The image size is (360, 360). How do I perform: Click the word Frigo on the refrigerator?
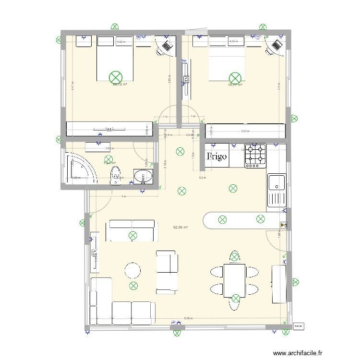217,156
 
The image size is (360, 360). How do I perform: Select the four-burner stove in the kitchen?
255,156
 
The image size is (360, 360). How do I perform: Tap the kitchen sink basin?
277,182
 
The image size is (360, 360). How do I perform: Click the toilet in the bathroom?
115,175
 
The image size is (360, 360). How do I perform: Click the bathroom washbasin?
143,176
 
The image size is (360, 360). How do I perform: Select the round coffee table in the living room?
132,270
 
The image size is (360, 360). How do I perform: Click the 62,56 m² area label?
180,228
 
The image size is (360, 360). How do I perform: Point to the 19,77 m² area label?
235,84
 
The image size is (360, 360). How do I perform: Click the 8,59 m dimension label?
188,318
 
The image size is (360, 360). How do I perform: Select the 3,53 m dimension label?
245,131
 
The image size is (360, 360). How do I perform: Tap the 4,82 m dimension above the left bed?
121,42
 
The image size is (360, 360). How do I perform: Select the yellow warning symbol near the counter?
282,224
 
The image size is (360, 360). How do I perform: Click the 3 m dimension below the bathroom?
123,197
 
